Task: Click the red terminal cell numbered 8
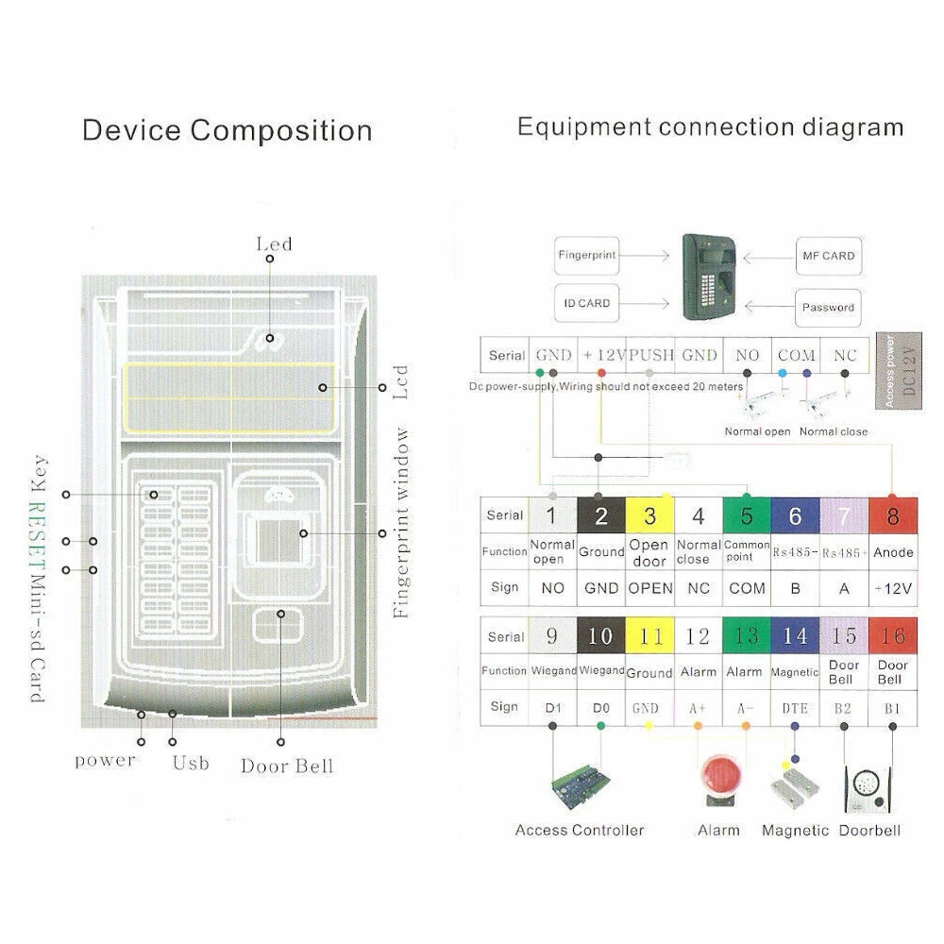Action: (892, 515)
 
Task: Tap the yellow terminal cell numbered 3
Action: (649, 515)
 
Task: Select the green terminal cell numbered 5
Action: (747, 515)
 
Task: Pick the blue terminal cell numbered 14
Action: (795, 636)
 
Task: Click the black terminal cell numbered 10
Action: (600, 636)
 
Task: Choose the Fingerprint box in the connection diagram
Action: (586, 256)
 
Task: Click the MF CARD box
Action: (828, 256)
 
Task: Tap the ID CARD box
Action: (586, 304)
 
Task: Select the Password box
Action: (828, 307)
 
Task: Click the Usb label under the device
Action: (190, 762)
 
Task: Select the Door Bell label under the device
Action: (287, 766)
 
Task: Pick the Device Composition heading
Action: (228, 130)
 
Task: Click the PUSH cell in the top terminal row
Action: (650, 356)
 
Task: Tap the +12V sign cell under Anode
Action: (892, 588)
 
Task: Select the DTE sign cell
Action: (795, 706)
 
